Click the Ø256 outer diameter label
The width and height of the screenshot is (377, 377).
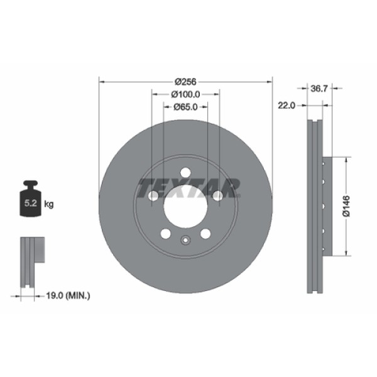186,81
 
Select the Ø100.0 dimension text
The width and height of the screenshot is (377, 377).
186,94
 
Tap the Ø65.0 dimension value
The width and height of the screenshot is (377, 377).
186,107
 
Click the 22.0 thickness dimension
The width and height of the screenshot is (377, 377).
287,106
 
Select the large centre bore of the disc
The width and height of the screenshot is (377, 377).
185,206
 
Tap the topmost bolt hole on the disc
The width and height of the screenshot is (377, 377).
185,173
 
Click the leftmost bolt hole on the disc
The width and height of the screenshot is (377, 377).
153,196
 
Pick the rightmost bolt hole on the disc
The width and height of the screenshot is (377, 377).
217,196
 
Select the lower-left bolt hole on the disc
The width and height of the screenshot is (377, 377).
166,234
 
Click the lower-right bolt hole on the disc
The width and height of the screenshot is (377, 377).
205,234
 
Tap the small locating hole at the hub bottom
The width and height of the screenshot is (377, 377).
185,239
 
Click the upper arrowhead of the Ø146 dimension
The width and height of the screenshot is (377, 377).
345,160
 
